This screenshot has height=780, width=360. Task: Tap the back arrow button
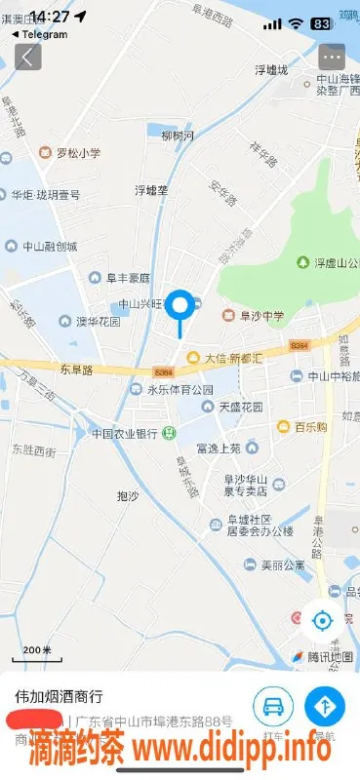point(27,56)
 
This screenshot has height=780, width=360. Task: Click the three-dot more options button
point(332,56)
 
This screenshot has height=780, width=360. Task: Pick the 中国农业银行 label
point(125,433)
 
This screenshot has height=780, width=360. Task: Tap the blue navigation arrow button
point(324,704)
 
